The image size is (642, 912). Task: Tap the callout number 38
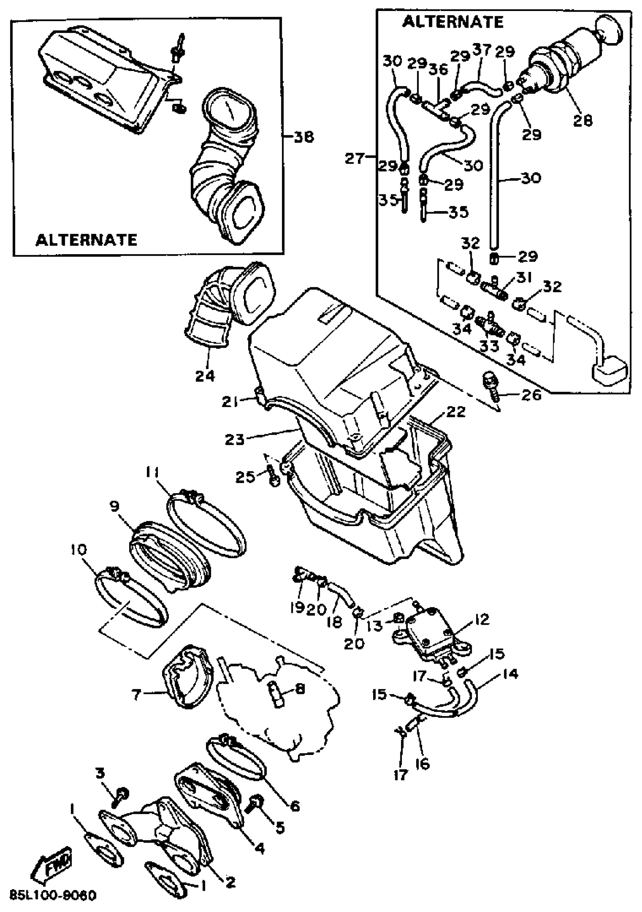(x=304, y=137)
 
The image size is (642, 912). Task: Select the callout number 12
(x=482, y=620)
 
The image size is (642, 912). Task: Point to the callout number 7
(x=136, y=695)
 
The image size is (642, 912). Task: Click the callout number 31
(x=524, y=278)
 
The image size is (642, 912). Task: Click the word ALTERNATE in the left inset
(x=86, y=240)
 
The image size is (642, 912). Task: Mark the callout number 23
(x=235, y=440)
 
